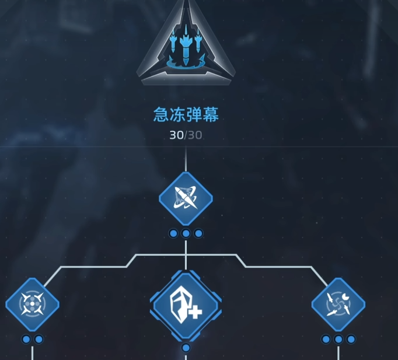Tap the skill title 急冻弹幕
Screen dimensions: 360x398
(x=186, y=115)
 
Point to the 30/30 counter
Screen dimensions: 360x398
(x=186, y=135)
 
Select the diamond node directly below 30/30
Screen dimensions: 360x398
(x=186, y=198)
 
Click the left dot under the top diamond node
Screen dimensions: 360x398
(x=173, y=233)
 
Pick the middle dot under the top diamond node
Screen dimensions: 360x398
(x=186, y=233)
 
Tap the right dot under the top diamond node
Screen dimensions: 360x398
(x=198, y=233)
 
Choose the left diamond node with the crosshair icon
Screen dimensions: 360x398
(x=32, y=304)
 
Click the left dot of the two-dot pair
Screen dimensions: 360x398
(x=26, y=339)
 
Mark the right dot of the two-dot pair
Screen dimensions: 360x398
(x=39, y=339)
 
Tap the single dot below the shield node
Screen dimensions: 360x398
(x=186, y=348)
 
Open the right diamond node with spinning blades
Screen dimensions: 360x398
(x=338, y=304)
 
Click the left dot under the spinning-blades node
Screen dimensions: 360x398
(x=326, y=339)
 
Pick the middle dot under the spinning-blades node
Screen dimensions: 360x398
(x=338, y=339)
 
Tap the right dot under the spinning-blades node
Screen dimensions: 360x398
(x=351, y=339)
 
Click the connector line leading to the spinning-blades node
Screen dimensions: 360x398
(x=280, y=267)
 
